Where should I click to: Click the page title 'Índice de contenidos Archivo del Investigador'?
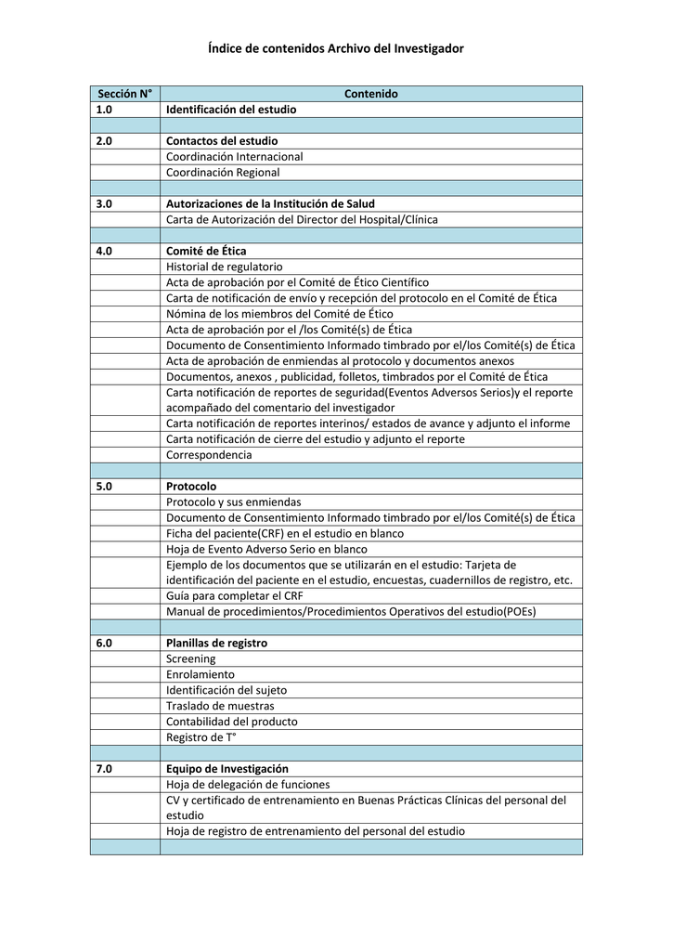336,47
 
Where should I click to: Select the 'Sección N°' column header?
124,94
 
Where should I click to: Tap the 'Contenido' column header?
370,94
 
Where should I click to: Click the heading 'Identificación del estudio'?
231,110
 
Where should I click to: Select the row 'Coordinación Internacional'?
234,157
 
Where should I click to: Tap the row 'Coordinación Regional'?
223,173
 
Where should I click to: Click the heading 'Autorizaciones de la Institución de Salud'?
270,203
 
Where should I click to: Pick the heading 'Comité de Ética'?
206,251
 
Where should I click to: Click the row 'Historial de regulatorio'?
225,267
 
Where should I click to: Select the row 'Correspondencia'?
209,455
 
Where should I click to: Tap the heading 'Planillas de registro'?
216,643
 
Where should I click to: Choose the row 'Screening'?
190,658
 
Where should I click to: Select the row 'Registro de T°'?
201,737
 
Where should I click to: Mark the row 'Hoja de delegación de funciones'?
248,785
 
